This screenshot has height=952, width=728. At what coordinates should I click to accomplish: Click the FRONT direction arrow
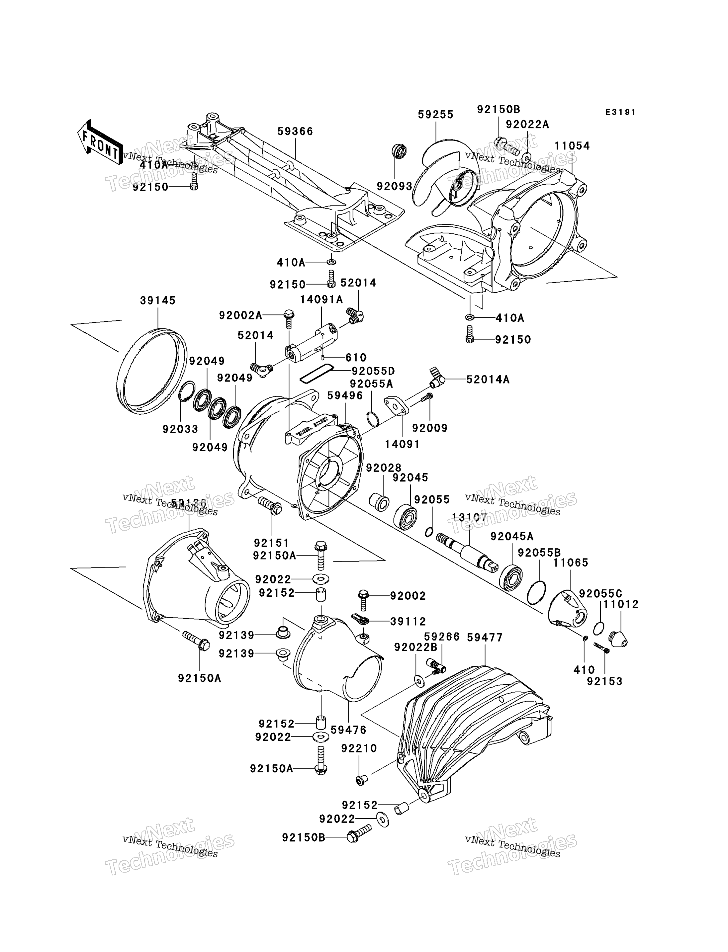tap(100, 142)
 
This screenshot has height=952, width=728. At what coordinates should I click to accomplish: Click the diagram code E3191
tap(620, 112)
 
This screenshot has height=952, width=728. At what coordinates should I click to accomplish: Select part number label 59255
tap(435, 115)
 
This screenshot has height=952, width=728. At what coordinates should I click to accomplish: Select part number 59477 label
tap(485, 638)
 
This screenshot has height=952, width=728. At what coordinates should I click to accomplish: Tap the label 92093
tap(394, 186)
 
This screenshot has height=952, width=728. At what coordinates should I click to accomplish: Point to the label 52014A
tap(488, 380)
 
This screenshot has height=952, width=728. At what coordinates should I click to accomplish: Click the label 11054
tap(572, 146)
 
